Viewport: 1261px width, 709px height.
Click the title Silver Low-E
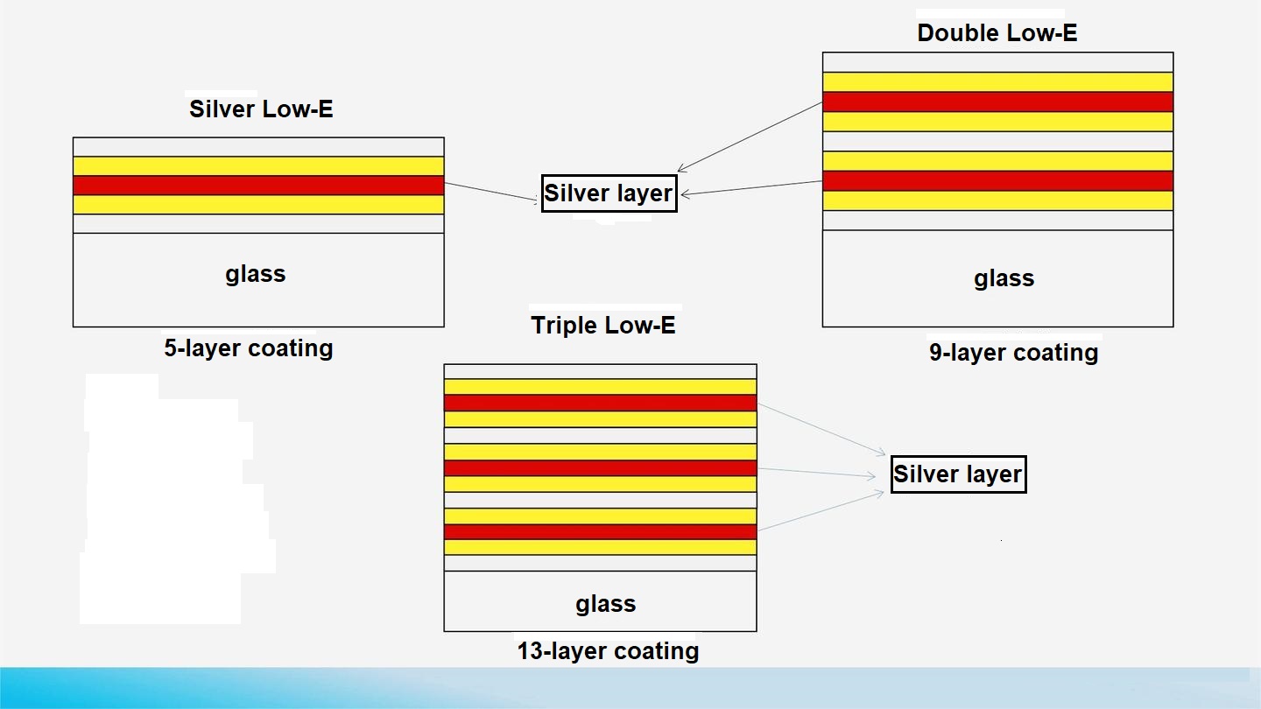coord(261,109)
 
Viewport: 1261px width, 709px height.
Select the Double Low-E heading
coord(997,33)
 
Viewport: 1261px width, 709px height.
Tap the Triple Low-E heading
coord(603,326)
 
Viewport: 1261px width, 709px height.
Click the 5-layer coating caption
coord(249,348)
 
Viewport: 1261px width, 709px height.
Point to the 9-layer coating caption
coord(1013,353)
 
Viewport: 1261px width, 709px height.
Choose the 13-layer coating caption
coord(608,651)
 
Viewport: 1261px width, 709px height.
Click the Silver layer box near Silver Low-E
coord(609,193)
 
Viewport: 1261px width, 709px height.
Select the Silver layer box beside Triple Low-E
coord(957,474)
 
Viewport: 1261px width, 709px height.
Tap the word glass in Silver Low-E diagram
coord(256,274)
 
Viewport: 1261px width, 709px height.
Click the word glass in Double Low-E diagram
coord(1004,278)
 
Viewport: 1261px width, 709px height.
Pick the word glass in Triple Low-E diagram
coord(605,604)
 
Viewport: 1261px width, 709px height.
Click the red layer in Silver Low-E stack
coord(258,186)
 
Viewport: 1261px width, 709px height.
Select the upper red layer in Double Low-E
coord(997,102)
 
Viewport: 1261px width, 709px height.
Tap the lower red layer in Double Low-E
coord(997,180)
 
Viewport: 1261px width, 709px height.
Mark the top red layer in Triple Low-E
coord(600,403)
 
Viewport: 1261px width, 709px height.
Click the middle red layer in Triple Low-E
coord(600,467)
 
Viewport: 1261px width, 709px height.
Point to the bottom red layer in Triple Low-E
coord(600,531)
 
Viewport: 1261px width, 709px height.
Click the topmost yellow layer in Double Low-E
coord(997,81)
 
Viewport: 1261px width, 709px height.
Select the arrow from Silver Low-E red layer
coord(491,193)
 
